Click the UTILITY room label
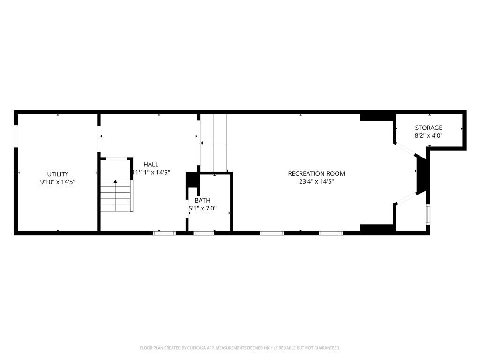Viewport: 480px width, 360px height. pos(58,174)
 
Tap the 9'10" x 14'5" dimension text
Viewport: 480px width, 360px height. pos(58,182)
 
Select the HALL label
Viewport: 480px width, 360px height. pos(151,164)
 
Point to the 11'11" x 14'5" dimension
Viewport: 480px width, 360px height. pos(151,172)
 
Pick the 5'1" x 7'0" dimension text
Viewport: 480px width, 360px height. pos(202,208)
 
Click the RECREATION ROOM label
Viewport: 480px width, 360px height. pos(316,173)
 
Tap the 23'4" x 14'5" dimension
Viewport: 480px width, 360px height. pos(316,181)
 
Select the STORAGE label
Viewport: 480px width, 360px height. pos(428,127)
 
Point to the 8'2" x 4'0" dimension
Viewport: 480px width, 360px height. pos(428,135)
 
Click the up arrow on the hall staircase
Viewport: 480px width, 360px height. pos(115,181)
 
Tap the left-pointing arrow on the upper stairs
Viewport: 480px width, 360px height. pos(202,143)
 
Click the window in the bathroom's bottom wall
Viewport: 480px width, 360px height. pos(204,232)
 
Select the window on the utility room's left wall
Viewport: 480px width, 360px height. pos(16,136)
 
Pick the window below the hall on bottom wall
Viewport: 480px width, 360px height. pos(165,232)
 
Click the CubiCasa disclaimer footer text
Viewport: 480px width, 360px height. pos(240,348)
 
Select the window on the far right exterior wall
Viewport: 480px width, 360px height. pos(427,214)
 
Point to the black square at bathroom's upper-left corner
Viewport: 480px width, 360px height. pos(191,180)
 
